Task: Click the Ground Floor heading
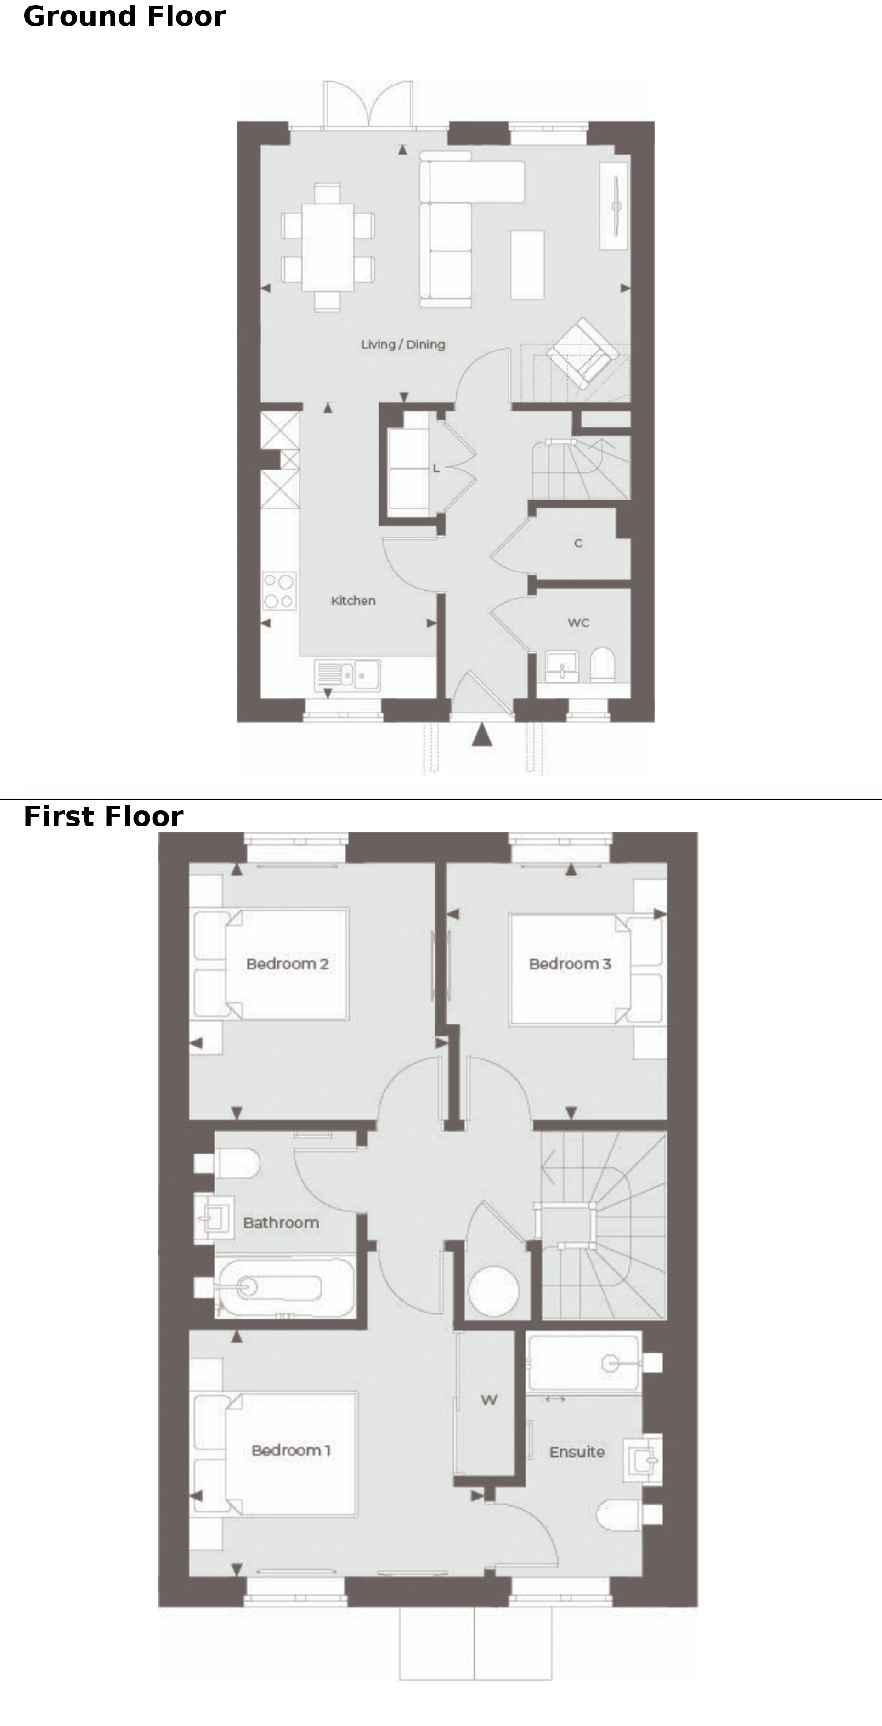124,17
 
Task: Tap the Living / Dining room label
403,345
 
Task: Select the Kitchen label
353,600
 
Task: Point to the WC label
578,622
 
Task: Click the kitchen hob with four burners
279,590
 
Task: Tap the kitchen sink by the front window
347,675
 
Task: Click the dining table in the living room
328,247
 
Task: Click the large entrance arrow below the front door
482,734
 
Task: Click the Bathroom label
281,1223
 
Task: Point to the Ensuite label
577,1452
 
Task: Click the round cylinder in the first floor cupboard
494,1290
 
